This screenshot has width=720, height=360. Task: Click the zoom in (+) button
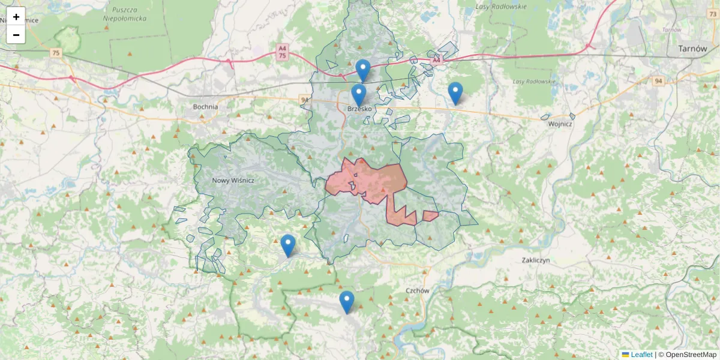tap(16, 17)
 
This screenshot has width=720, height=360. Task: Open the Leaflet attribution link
tap(641, 355)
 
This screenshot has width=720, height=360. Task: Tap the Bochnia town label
tap(205, 107)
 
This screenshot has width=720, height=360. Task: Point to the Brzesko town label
tap(359, 109)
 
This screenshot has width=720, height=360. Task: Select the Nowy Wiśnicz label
tap(233, 180)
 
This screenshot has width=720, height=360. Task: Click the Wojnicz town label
tap(560, 124)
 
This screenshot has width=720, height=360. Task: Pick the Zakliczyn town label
tap(536, 260)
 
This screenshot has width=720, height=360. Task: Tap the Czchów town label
tap(418, 290)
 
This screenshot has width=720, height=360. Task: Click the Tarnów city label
tap(692, 50)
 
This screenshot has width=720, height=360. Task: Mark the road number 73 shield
tap(712, 13)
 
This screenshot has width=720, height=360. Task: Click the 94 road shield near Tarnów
tap(659, 81)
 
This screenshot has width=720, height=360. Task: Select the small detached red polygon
tap(430, 215)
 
